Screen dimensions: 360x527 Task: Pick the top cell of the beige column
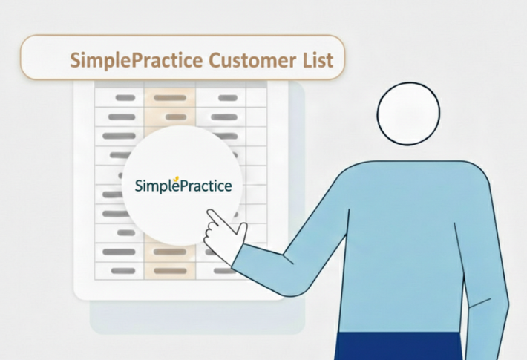pyautogui.click(x=170, y=97)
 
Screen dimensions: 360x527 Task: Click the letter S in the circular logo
pyautogui.click(x=140, y=185)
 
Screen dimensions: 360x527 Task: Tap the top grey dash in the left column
pyautogui.click(x=125, y=97)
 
